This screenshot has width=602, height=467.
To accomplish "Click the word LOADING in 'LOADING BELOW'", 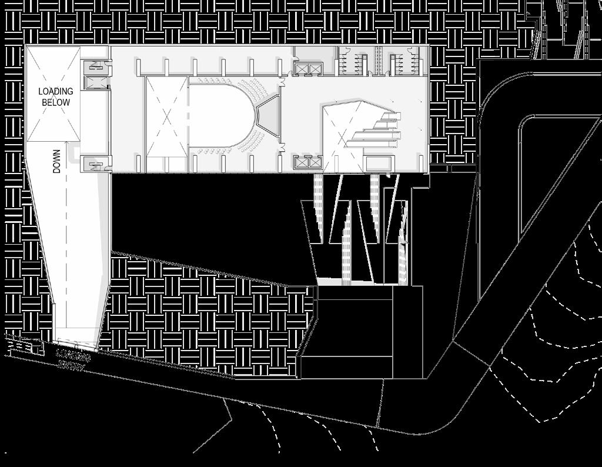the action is pos(56,91).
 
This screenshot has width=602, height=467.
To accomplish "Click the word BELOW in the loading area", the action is pos(56,102).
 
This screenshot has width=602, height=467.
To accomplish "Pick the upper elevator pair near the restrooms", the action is pos(308,69).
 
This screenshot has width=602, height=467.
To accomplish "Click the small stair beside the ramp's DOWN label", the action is pos(95,163).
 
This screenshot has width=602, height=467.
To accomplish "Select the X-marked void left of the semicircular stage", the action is pos(166,116).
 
